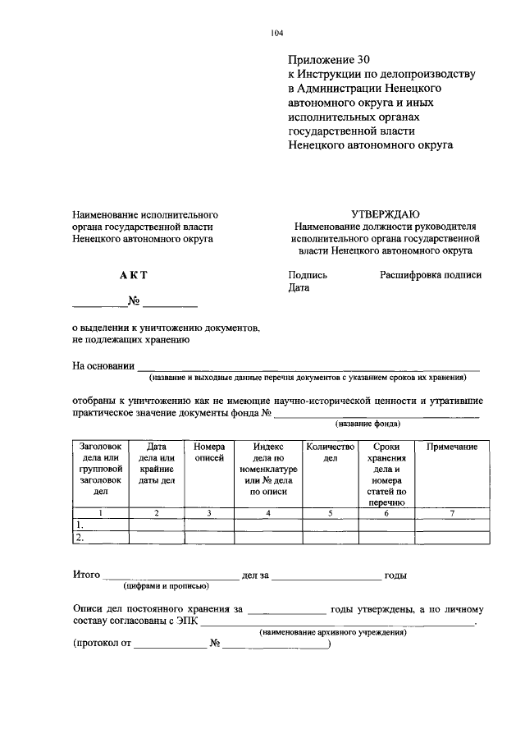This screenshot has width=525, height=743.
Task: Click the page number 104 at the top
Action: [x=276, y=33]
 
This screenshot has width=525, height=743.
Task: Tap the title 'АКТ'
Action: [x=133, y=276]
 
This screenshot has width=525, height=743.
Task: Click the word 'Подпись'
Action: [x=308, y=276]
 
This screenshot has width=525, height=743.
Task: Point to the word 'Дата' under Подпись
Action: [x=299, y=288]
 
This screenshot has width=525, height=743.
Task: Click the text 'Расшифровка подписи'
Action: [x=431, y=276]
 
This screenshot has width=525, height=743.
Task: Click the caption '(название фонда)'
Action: [x=368, y=424]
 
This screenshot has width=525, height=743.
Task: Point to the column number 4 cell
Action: [x=268, y=513]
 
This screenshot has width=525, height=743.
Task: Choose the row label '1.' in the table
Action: [x=80, y=525]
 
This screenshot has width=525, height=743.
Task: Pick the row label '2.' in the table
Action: [x=80, y=538]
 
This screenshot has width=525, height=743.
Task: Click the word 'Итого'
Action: [x=86, y=576]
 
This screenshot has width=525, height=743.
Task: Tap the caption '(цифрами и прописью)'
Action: [x=167, y=586]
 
